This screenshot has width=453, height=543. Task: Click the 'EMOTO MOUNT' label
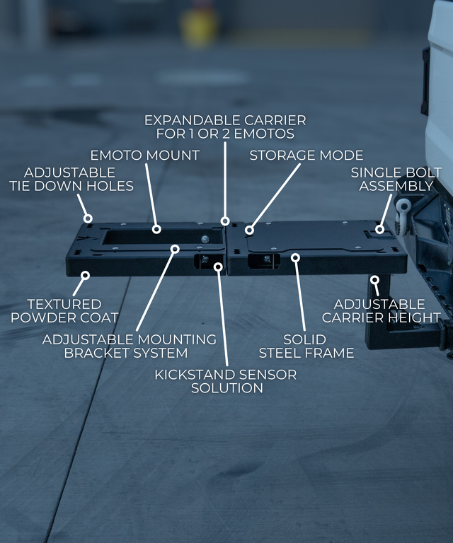click(x=144, y=155)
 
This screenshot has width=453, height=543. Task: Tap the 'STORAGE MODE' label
click(x=306, y=155)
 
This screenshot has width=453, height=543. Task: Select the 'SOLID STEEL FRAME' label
click(x=306, y=346)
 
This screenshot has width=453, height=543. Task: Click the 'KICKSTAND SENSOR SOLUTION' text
click(x=226, y=380)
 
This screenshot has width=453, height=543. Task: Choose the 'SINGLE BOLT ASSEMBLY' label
click(x=396, y=180)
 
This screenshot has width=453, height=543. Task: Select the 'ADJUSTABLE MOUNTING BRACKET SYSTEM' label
click(x=129, y=346)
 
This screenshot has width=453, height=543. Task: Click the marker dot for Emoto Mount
click(x=157, y=229)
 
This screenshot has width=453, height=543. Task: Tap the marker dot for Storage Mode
click(x=249, y=230)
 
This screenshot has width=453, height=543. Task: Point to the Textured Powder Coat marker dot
click(x=85, y=275)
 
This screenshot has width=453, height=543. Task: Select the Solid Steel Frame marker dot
click(x=296, y=257)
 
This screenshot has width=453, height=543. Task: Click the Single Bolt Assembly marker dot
click(x=380, y=229)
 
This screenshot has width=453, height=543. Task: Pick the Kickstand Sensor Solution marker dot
click(x=218, y=267)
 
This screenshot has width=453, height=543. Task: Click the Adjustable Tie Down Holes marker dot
click(x=88, y=218)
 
